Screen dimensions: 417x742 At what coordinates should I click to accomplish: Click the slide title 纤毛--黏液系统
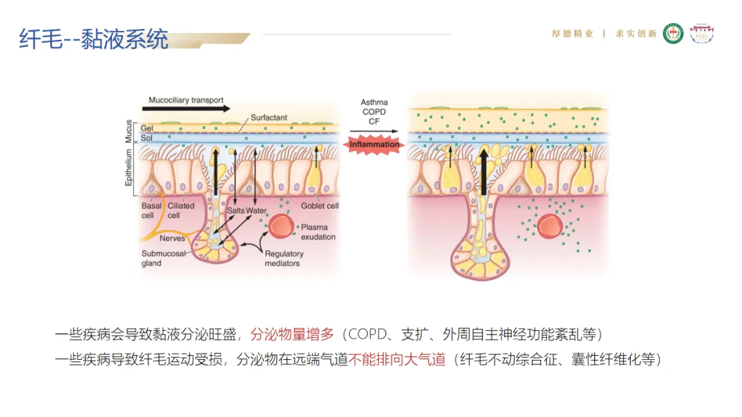93,39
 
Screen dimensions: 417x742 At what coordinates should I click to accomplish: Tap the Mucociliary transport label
186,100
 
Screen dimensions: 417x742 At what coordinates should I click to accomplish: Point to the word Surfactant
269,118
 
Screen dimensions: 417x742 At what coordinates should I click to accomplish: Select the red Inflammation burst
374,145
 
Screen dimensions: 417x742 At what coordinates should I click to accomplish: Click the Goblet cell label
319,206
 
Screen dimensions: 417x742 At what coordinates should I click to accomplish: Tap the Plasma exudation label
317,232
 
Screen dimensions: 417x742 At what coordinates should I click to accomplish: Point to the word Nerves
172,239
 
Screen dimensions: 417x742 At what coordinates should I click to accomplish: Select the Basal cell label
151,210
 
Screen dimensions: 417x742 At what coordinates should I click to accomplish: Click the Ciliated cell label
181,210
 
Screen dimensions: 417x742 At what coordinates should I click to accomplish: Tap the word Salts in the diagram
236,211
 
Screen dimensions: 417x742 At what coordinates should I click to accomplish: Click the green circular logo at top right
673,34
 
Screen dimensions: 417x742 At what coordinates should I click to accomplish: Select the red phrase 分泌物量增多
292,335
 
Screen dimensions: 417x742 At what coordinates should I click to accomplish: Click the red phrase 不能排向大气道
398,359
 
